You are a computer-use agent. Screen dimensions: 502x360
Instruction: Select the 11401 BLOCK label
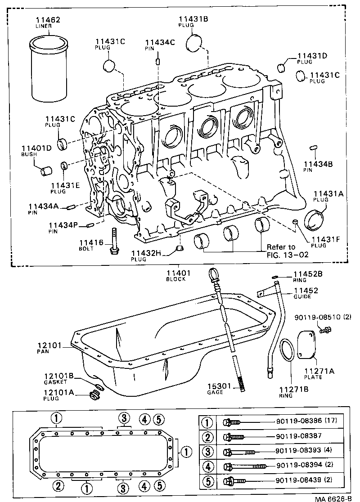(179, 274)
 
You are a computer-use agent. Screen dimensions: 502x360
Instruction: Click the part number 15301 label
(218, 386)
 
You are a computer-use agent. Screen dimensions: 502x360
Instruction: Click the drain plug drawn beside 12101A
(94, 395)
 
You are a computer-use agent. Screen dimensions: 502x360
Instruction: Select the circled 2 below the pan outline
(57, 486)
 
